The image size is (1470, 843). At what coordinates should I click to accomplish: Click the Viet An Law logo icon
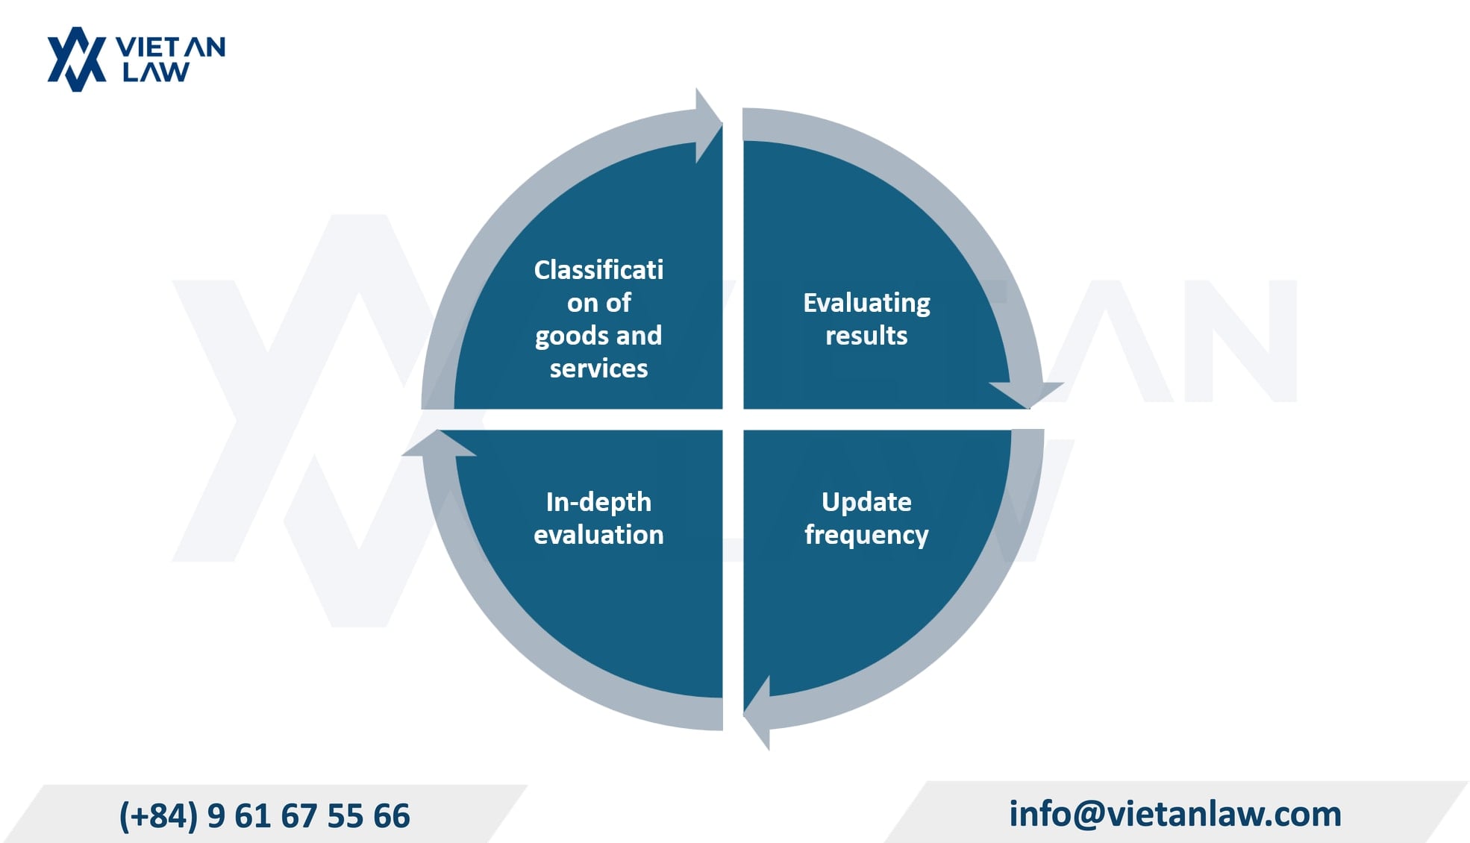click(77, 60)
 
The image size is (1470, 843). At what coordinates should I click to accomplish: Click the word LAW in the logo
click(156, 72)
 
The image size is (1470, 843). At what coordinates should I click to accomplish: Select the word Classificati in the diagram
click(598, 269)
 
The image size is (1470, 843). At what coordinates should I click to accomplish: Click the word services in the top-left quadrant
click(598, 368)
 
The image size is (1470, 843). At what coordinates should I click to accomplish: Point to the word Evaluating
click(866, 303)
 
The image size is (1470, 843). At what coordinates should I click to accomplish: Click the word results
click(866, 336)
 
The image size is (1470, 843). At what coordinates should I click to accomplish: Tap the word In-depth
click(598, 502)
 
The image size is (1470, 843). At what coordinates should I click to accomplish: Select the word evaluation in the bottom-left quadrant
click(598, 535)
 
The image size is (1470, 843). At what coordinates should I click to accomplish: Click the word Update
click(866, 502)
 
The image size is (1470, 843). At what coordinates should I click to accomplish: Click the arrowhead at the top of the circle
click(708, 125)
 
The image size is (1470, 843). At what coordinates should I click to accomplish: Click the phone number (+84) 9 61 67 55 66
click(265, 815)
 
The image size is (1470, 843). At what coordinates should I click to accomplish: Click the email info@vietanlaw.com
click(1175, 813)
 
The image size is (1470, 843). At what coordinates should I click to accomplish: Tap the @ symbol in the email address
click(1090, 814)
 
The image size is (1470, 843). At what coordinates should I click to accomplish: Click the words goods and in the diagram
click(598, 336)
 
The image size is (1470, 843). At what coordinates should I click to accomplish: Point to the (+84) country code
click(158, 815)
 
